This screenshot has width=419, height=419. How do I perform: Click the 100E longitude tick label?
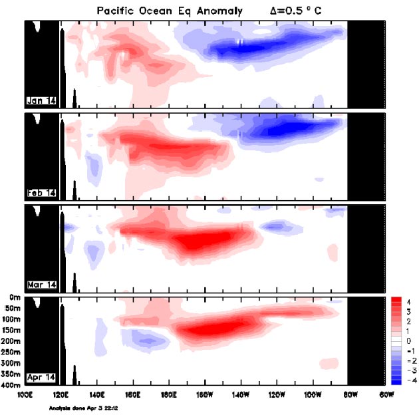point(25,394)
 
